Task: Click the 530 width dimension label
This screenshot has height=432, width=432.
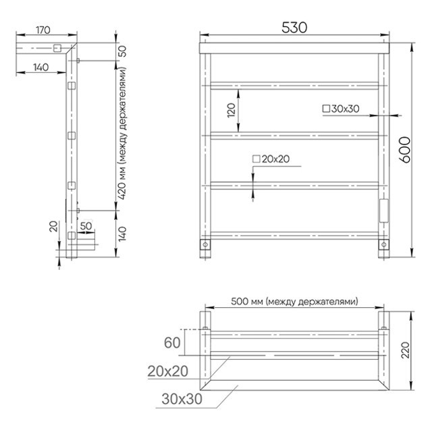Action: coord(294,28)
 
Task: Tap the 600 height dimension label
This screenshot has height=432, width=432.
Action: coord(405,150)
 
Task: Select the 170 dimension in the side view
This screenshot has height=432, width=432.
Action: coord(43,30)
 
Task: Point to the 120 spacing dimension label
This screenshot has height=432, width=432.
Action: coord(232,110)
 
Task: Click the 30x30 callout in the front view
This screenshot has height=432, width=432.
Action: coord(341,109)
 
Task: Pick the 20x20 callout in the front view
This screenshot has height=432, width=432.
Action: coord(271,159)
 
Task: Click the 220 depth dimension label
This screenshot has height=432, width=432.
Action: coord(405,350)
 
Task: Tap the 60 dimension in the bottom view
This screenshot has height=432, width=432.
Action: coord(172,343)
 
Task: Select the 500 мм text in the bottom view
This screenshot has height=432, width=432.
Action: coord(248,301)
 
